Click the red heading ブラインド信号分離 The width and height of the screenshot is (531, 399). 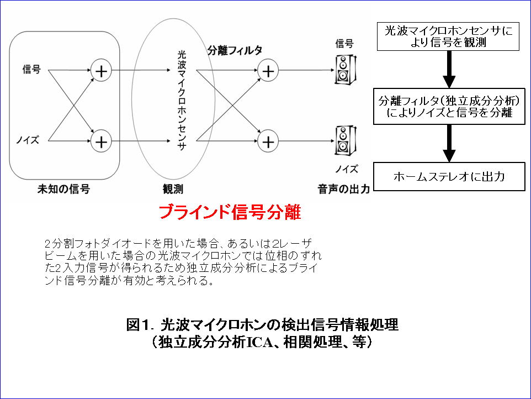click(x=230, y=212)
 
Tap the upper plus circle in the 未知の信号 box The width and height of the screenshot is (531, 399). click(x=101, y=71)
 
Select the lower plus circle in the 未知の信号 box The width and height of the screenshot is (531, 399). click(x=101, y=141)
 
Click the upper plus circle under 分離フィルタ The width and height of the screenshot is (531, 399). click(x=268, y=71)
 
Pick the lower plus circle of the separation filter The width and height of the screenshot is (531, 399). click(x=268, y=141)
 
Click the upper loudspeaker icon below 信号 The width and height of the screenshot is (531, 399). click(x=345, y=70)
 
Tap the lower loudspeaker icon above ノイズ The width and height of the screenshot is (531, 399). click(x=345, y=141)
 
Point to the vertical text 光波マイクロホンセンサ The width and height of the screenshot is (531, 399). click(x=182, y=101)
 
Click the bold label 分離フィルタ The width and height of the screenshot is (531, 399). click(x=235, y=50)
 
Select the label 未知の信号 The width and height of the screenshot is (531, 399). click(x=63, y=189)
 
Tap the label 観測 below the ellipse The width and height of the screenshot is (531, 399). click(x=173, y=189)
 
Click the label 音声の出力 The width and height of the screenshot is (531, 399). click(x=344, y=189)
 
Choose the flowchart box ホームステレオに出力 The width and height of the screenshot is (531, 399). click(x=449, y=177)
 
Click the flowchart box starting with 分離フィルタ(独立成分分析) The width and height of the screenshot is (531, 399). click(x=449, y=107)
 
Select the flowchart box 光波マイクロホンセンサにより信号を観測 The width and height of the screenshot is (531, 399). click(x=448, y=36)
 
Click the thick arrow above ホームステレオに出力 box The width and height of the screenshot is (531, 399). click(x=449, y=143)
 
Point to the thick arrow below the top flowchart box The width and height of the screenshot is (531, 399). click(x=449, y=70)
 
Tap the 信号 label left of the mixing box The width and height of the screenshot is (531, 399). click(x=31, y=69)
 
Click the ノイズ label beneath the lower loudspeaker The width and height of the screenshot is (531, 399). click(x=347, y=169)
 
